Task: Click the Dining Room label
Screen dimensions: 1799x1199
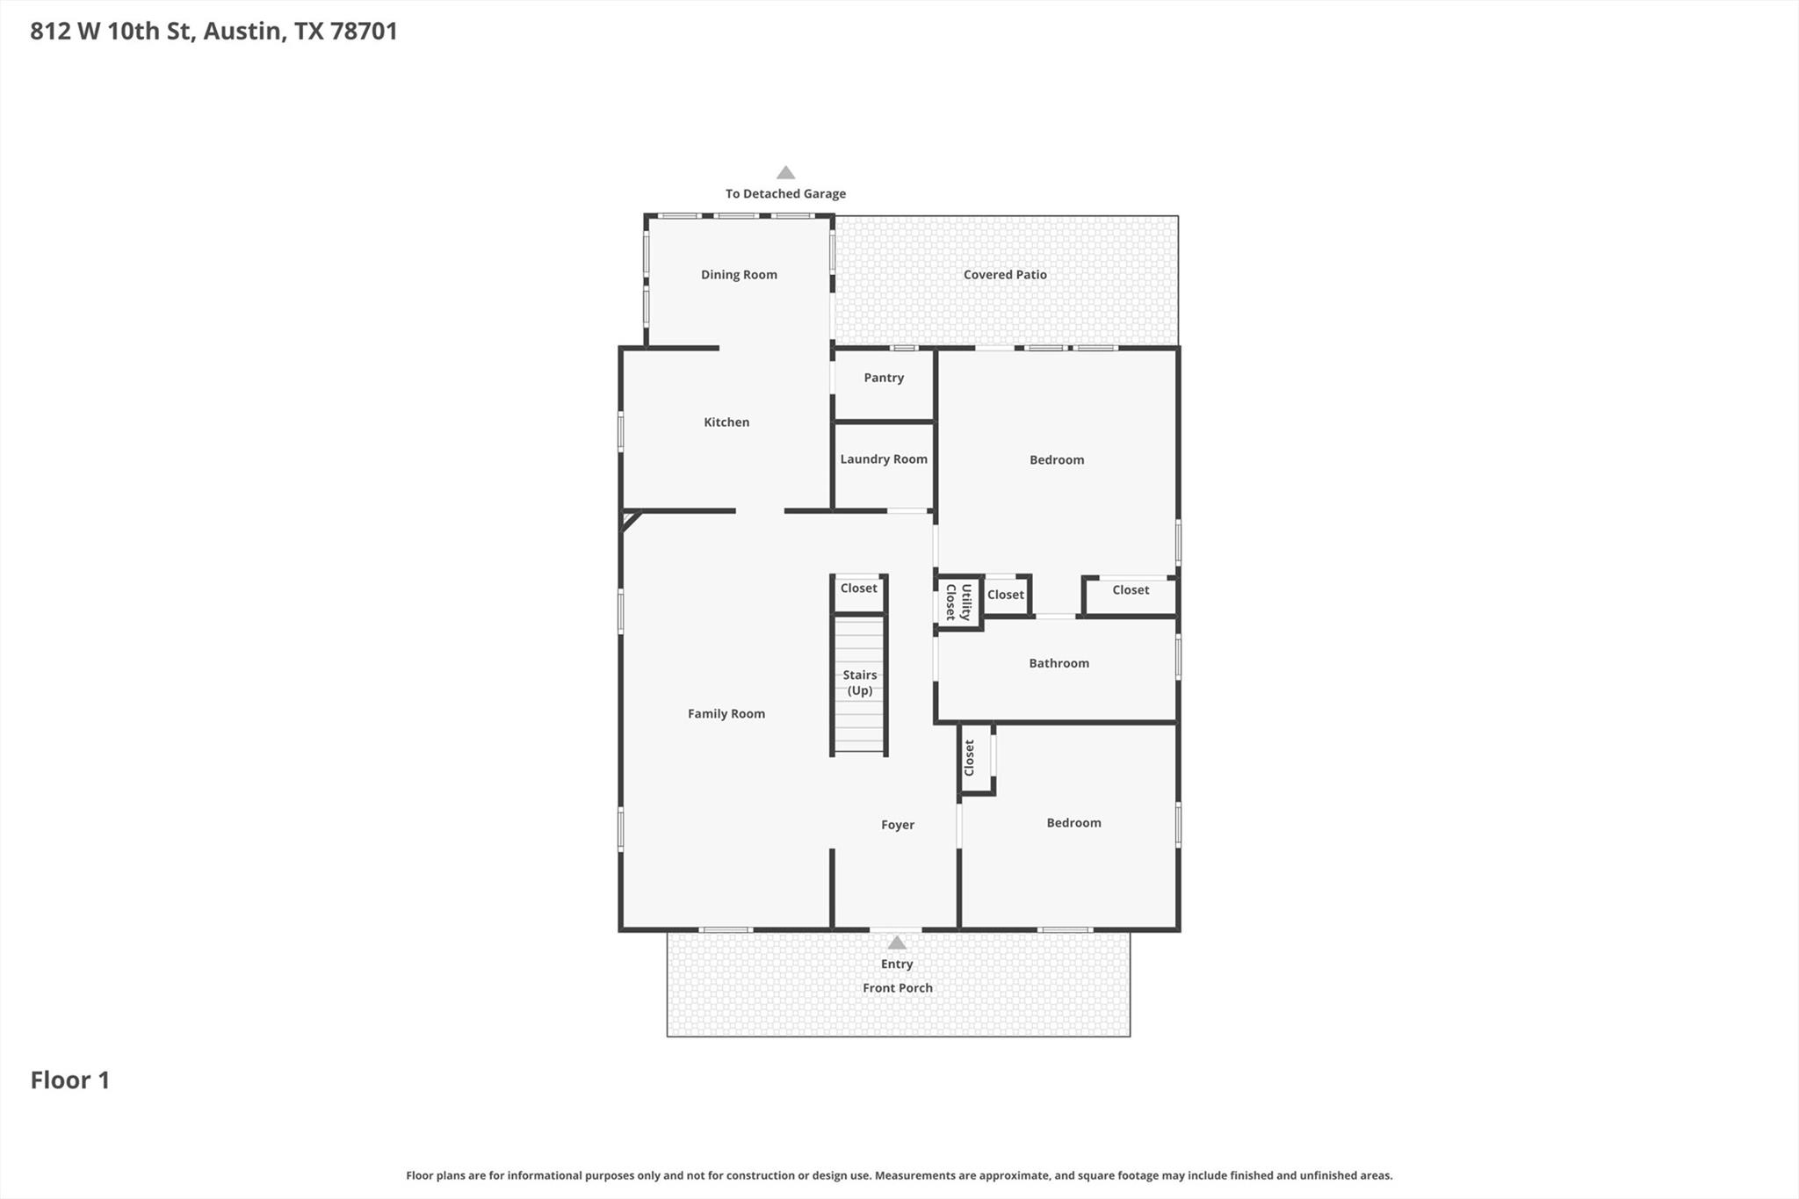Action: coord(739,275)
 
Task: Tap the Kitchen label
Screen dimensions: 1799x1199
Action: coord(726,423)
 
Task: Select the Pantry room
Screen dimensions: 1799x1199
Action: coord(884,385)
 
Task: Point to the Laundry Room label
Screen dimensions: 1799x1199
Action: coord(884,459)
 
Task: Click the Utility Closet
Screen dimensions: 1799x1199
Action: coord(958,603)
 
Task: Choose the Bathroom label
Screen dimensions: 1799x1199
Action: coord(1058,663)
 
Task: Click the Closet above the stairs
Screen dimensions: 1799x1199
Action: coord(859,594)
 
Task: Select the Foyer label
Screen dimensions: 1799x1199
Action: coord(898,825)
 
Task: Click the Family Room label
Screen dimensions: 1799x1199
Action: coord(726,714)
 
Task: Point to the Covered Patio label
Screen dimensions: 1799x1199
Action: coord(1005,275)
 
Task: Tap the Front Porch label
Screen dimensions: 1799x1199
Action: coord(898,988)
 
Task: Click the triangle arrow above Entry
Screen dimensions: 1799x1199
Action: coord(897,943)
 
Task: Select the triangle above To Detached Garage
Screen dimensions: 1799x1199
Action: coord(786,173)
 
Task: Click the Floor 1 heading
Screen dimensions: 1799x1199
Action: coord(70,1080)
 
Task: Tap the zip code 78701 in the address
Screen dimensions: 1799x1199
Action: coord(364,32)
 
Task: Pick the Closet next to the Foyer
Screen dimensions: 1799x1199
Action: coord(976,758)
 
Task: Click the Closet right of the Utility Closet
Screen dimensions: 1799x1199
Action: coord(1006,596)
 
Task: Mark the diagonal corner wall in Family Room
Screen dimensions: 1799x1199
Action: coord(632,521)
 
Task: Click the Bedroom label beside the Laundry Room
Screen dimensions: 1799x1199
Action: coord(1057,460)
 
